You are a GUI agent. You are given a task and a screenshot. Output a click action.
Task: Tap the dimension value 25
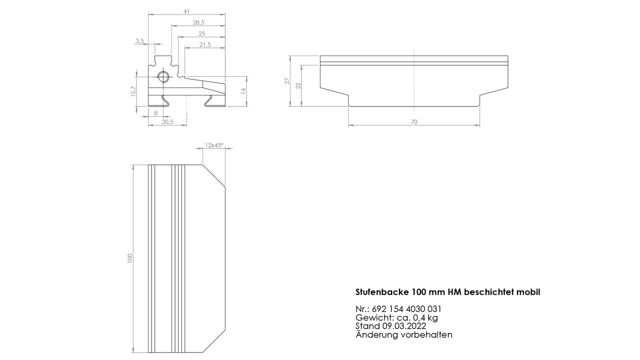pyautogui.click(x=201, y=33)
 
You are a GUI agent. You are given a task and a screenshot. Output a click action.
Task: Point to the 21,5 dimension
pyautogui.click(x=204, y=44)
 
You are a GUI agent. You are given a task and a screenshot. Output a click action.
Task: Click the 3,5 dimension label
pyautogui.click(x=139, y=40)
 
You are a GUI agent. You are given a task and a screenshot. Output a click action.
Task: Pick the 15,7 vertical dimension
pyautogui.click(x=133, y=92)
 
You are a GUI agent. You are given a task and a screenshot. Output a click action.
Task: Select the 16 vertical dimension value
pyautogui.click(x=243, y=91)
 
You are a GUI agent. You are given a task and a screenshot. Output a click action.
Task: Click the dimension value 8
pyautogui.click(x=155, y=113)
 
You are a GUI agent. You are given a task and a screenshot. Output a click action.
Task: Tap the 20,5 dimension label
pyautogui.click(x=167, y=122)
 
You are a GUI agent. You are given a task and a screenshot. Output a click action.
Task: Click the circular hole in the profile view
pyautogui.click(x=163, y=76)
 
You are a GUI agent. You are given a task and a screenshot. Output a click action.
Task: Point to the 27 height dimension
pyautogui.click(x=287, y=81)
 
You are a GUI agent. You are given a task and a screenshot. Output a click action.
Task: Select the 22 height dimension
pyautogui.click(x=298, y=85)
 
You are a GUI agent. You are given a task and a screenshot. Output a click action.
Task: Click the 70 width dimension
pyautogui.click(x=413, y=121)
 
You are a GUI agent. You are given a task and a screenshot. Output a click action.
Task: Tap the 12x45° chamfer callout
pyautogui.click(x=213, y=145)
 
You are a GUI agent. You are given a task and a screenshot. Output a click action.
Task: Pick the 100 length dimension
pyautogui.click(x=130, y=258)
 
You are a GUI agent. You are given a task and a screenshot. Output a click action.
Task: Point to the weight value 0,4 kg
pyautogui.click(x=425, y=318)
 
